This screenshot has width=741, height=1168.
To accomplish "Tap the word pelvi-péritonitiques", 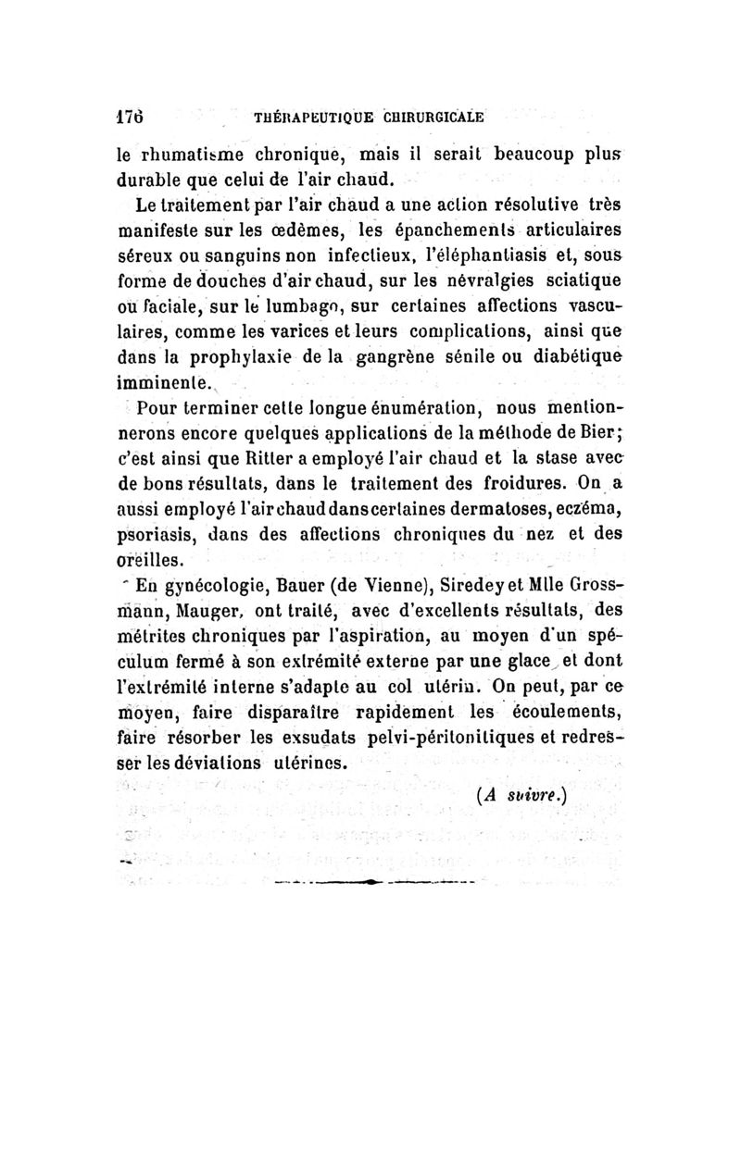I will pos(433,738).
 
